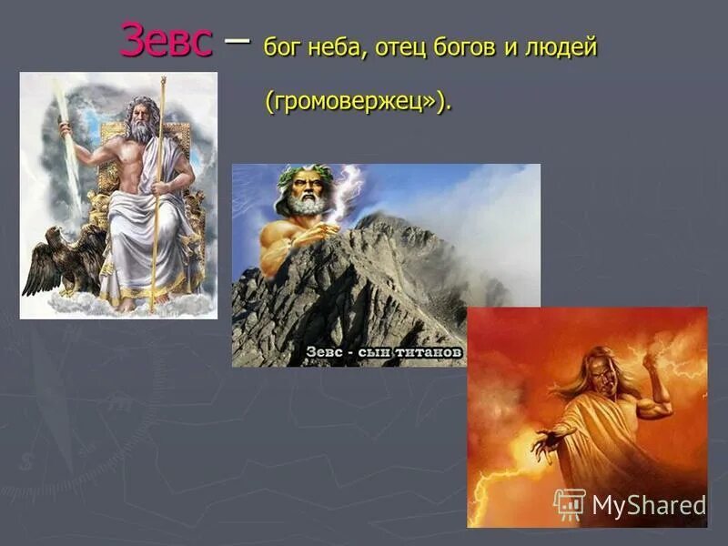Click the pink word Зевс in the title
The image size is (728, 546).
167,41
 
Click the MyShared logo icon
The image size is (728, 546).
570,503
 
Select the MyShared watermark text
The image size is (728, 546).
648,505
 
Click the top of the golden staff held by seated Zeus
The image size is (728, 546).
164,84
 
